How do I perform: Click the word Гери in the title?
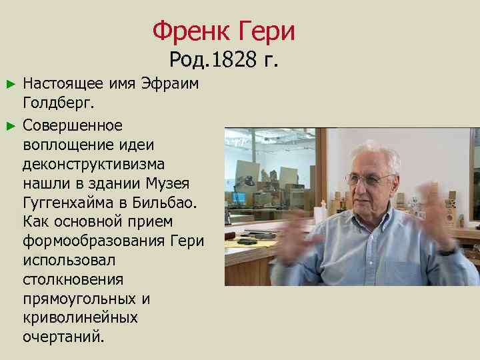pyautogui.click(x=265, y=31)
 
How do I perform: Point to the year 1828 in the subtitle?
pyautogui.click(x=233, y=60)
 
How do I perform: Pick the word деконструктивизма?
pyautogui.click(x=94, y=164)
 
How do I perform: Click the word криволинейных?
pyautogui.click(x=80, y=317)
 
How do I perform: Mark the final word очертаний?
pyautogui.click(x=63, y=337)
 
